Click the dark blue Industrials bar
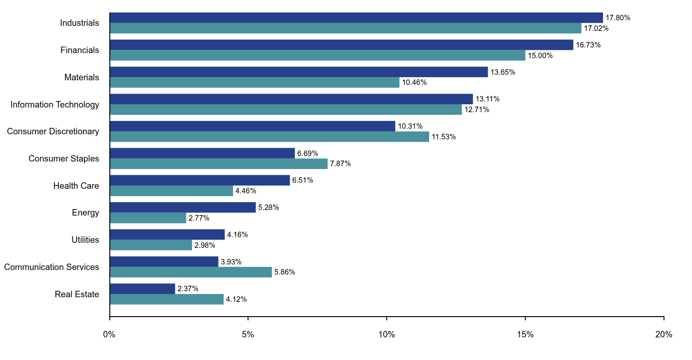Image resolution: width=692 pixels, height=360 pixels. pyautogui.click(x=356, y=18)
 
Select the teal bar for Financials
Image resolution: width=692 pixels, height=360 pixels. pyautogui.click(x=317, y=55)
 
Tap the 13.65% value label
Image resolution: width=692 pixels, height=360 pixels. pyautogui.click(x=502, y=72)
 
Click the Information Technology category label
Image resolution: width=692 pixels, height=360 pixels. pyautogui.click(x=55, y=105)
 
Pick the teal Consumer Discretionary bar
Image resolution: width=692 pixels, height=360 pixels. pyautogui.click(x=269, y=137)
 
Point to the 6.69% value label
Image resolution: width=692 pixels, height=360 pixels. pyautogui.click(x=307, y=153)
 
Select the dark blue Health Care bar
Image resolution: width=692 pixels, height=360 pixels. pyautogui.click(x=200, y=180)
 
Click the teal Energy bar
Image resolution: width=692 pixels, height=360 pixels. pyautogui.click(x=148, y=218)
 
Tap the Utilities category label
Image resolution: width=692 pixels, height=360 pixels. pyautogui.click(x=85, y=240)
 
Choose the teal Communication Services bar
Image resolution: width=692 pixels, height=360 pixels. pyautogui.click(x=191, y=272)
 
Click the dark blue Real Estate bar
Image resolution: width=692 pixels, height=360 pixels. pyautogui.click(x=143, y=288)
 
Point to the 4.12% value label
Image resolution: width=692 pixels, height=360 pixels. pyautogui.click(x=236, y=300)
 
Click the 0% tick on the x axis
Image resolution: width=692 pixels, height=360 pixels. pyautogui.click(x=109, y=335)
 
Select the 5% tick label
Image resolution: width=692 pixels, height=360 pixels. pyautogui.click(x=248, y=335)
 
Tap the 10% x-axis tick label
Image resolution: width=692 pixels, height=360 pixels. pyautogui.click(x=387, y=335)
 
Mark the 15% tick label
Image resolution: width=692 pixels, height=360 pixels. pyautogui.click(x=525, y=335)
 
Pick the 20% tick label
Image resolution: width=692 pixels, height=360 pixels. pyautogui.click(x=663, y=335)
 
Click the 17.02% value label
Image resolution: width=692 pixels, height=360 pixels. pyautogui.click(x=596, y=29)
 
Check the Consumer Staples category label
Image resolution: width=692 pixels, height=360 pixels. pyautogui.click(x=64, y=159)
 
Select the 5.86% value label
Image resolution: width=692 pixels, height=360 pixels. pyautogui.click(x=285, y=272)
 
